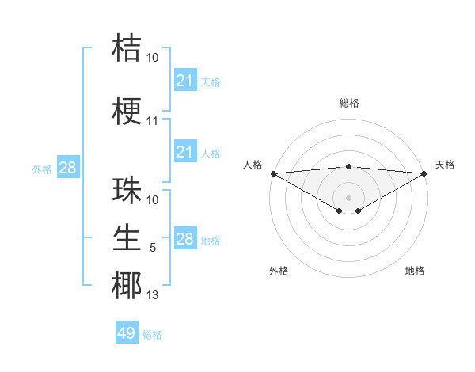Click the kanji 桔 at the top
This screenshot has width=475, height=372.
[127, 47]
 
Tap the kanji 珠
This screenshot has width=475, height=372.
[127, 190]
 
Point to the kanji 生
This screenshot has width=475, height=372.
[127, 237]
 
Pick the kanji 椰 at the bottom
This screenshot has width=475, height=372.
[127, 285]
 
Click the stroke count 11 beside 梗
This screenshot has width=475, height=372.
[153, 122]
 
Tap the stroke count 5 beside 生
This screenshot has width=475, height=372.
[153, 248]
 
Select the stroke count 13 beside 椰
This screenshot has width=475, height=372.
[153, 296]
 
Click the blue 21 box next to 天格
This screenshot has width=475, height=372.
[185, 81]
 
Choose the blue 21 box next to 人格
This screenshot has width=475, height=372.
[185, 152]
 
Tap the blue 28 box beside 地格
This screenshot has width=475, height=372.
[185, 239]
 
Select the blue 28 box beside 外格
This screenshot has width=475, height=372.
[67, 168]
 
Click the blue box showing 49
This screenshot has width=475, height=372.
[127, 333]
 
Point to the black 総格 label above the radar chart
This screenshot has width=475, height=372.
[348, 103]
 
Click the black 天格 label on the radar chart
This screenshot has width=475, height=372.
[445, 165]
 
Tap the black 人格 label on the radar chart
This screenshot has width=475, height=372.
[253, 165]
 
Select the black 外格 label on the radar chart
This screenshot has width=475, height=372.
[279, 271]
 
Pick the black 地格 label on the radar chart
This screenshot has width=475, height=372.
[415, 271]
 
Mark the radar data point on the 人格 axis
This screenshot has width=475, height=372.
[273, 173]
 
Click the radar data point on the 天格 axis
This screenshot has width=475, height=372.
[424, 173]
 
